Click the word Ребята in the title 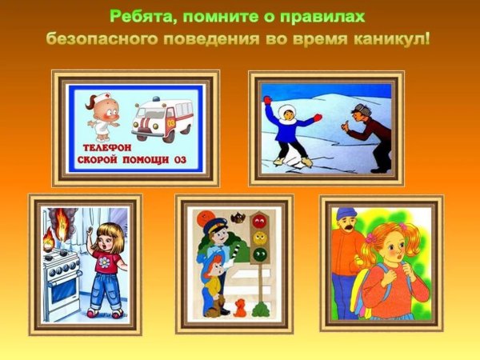[142, 17]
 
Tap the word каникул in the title [391, 38]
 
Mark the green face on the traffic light [259, 255]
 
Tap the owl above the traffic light [238, 217]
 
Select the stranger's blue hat [346, 214]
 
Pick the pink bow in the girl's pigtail [370, 238]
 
